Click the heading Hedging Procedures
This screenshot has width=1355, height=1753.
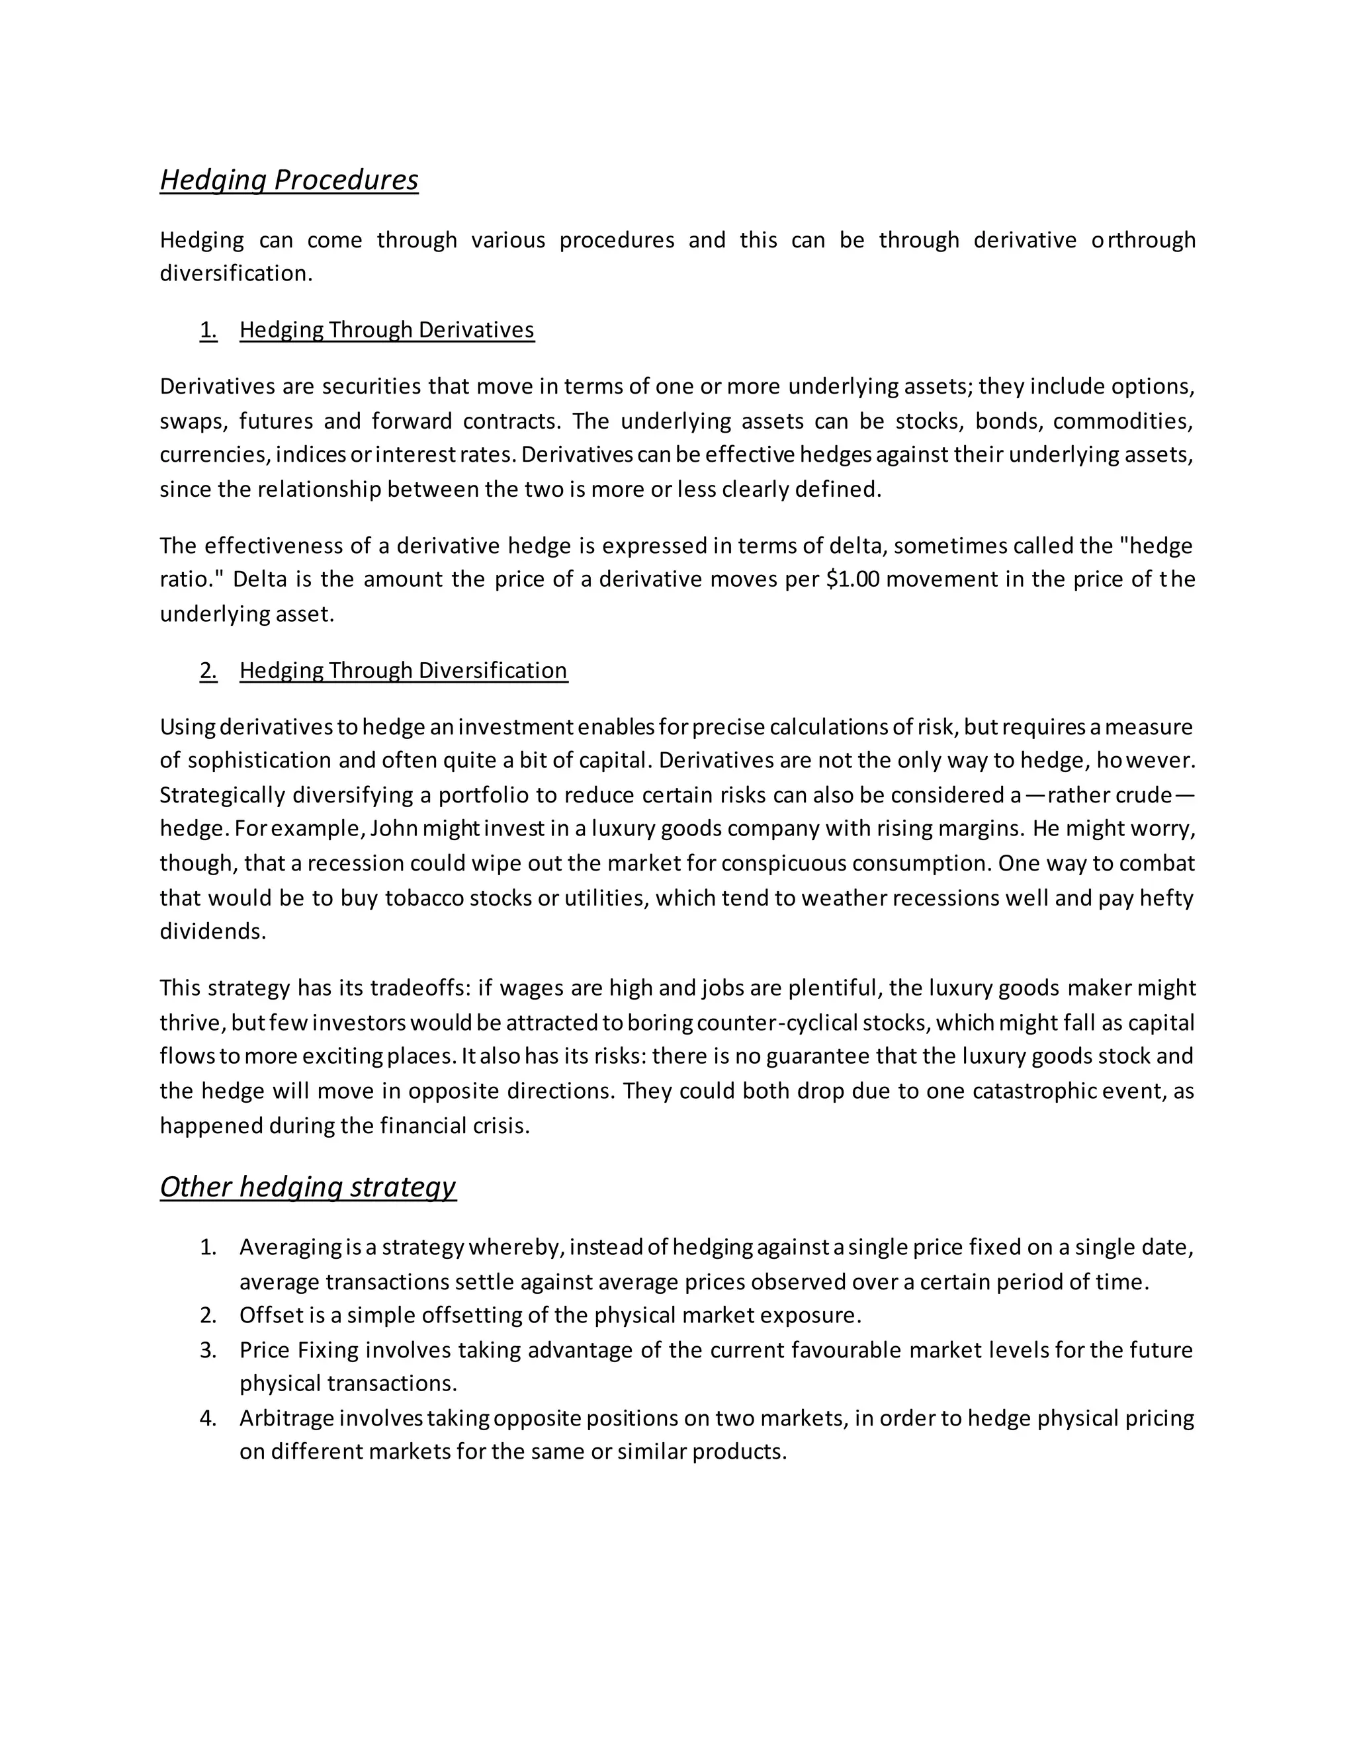(289, 180)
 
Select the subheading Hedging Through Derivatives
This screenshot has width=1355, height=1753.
(386, 330)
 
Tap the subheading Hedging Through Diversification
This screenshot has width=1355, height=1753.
(403, 670)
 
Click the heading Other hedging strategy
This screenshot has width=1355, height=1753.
(308, 1186)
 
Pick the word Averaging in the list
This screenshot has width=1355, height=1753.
(290, 1248)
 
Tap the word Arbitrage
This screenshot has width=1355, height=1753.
(286, 1418)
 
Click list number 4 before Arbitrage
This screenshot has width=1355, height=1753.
(208, 1418)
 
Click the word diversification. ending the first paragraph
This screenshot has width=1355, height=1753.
(235, 274)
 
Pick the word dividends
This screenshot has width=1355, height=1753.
(212, 932)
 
